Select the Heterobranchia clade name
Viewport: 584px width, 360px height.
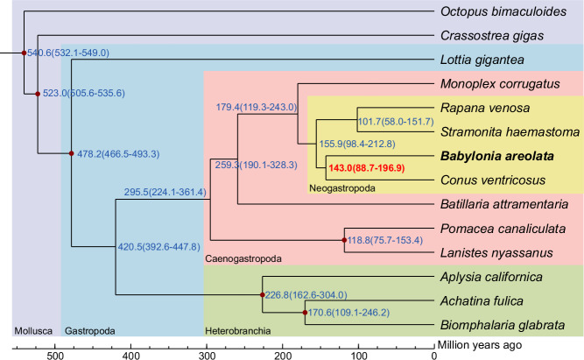pos(236,331)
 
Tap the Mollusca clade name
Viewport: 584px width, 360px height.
pos(34,331)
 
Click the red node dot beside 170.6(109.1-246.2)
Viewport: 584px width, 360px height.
pos(305,312)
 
